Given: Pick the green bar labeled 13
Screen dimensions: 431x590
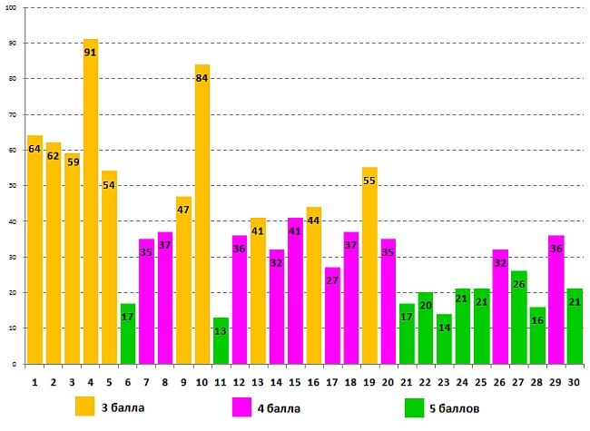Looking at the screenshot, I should click(x=221, y=340).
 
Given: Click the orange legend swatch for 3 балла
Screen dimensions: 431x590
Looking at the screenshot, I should click(x=85, y=406).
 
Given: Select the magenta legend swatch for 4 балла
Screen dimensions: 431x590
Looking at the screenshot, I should click(x=241, y=406).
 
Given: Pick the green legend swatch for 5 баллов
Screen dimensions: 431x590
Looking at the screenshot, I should click(x=415, y=406).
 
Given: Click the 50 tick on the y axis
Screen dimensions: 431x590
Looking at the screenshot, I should click(x=12, y=185).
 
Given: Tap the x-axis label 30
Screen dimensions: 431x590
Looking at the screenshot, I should click(x=575, y=382).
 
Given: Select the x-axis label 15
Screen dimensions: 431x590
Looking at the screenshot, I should click(x=295, y=382).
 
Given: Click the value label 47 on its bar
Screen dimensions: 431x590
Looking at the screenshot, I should click(x=183, y=210).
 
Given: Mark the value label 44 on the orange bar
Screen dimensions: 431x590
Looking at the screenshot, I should click(x=314, y=220).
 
